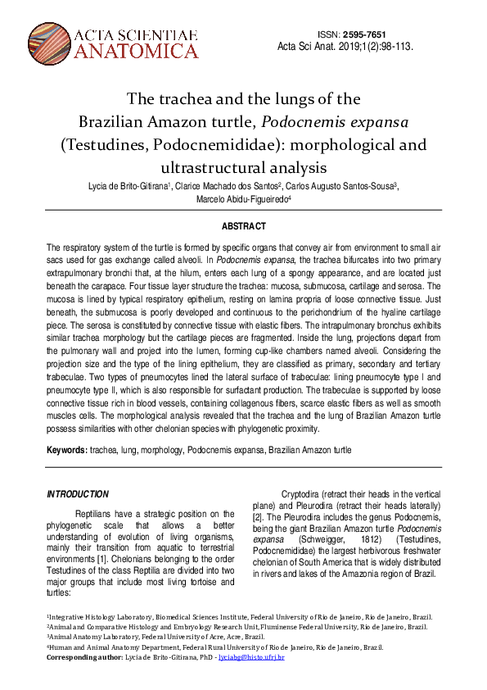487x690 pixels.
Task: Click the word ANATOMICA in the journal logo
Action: tap(136, 52)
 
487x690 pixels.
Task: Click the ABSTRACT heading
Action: tap(243, 226)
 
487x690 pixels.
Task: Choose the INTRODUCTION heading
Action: tap(78, 494)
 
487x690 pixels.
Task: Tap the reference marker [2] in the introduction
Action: tap(256, 518)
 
